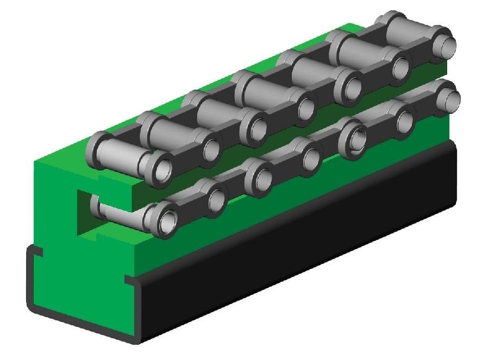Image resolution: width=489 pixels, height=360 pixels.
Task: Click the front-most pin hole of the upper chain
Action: (161, 169)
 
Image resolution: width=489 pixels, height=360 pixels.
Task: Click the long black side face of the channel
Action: (304, 239)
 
